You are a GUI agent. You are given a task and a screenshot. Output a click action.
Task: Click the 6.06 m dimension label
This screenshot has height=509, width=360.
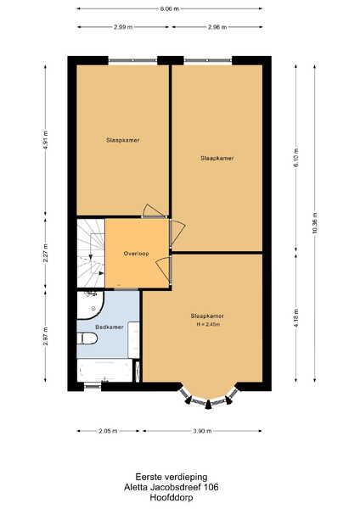click(x=169, y=8)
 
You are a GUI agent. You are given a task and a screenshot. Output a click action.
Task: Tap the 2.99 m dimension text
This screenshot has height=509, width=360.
click(x=123, y=27)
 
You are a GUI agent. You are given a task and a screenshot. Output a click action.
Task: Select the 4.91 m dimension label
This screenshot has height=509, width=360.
click(x=46, y=140)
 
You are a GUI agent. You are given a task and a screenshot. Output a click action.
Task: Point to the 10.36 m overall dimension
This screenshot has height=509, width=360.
click(x=314, y=223)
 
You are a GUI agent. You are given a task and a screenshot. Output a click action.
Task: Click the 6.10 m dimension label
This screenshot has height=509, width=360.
click(x=295, y=158)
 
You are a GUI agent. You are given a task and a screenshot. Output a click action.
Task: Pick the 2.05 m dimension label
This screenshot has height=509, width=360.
click(x=108, y=431)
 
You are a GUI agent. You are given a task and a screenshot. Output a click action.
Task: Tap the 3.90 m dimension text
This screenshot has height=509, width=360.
click(x=202, y=431)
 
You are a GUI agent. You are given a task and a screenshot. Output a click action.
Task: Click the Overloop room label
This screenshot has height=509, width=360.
click(x=136, y=254)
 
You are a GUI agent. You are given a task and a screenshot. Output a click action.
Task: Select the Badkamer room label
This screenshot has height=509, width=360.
click(x=110, y=327)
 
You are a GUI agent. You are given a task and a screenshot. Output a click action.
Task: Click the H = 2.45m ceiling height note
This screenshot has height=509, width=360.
click(x=208, y=324)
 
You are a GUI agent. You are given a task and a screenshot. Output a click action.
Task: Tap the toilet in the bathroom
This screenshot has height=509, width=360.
click(x=87, y=338)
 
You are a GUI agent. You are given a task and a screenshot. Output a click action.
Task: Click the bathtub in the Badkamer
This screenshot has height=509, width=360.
click(x=104, y=371)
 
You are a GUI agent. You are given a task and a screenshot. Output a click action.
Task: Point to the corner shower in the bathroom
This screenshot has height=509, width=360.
click(x=90, y=305)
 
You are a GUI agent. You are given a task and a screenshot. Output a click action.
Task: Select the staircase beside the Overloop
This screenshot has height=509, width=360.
click(x=91, y=253)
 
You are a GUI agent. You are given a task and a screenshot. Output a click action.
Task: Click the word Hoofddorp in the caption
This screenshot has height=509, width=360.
click(x=172, y=497)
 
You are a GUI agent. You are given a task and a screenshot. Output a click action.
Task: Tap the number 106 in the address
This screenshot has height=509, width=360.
click(x=211, y=487)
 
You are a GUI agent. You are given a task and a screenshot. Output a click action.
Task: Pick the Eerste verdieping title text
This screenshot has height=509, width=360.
click(x=172, y=477)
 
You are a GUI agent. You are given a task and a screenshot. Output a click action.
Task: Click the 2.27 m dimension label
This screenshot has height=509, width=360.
click(x=46, y=253)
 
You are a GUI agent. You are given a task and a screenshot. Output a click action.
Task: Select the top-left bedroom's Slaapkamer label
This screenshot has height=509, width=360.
click(x=123, y=140)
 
